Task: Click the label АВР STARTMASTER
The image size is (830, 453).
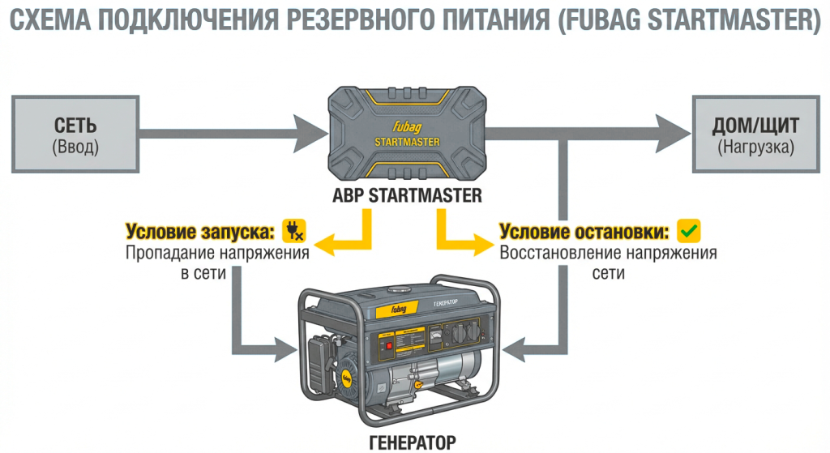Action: [x=407, y=195]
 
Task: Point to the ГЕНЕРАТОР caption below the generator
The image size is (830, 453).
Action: [x=407, y=442]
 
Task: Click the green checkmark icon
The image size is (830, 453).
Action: [x=688, y=231]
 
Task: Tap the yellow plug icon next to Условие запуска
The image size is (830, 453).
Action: [x=293, y=231]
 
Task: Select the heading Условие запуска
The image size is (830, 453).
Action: [x=199, y=232]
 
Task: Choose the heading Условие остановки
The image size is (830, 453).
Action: [x=584, y=232]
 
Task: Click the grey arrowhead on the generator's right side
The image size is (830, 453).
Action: [x=516, y=350]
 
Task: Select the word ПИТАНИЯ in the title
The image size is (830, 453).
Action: [x=502, y=20]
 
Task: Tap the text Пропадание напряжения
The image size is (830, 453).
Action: [x=217, y=253]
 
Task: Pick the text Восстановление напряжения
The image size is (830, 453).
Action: [x=608, y=253]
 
